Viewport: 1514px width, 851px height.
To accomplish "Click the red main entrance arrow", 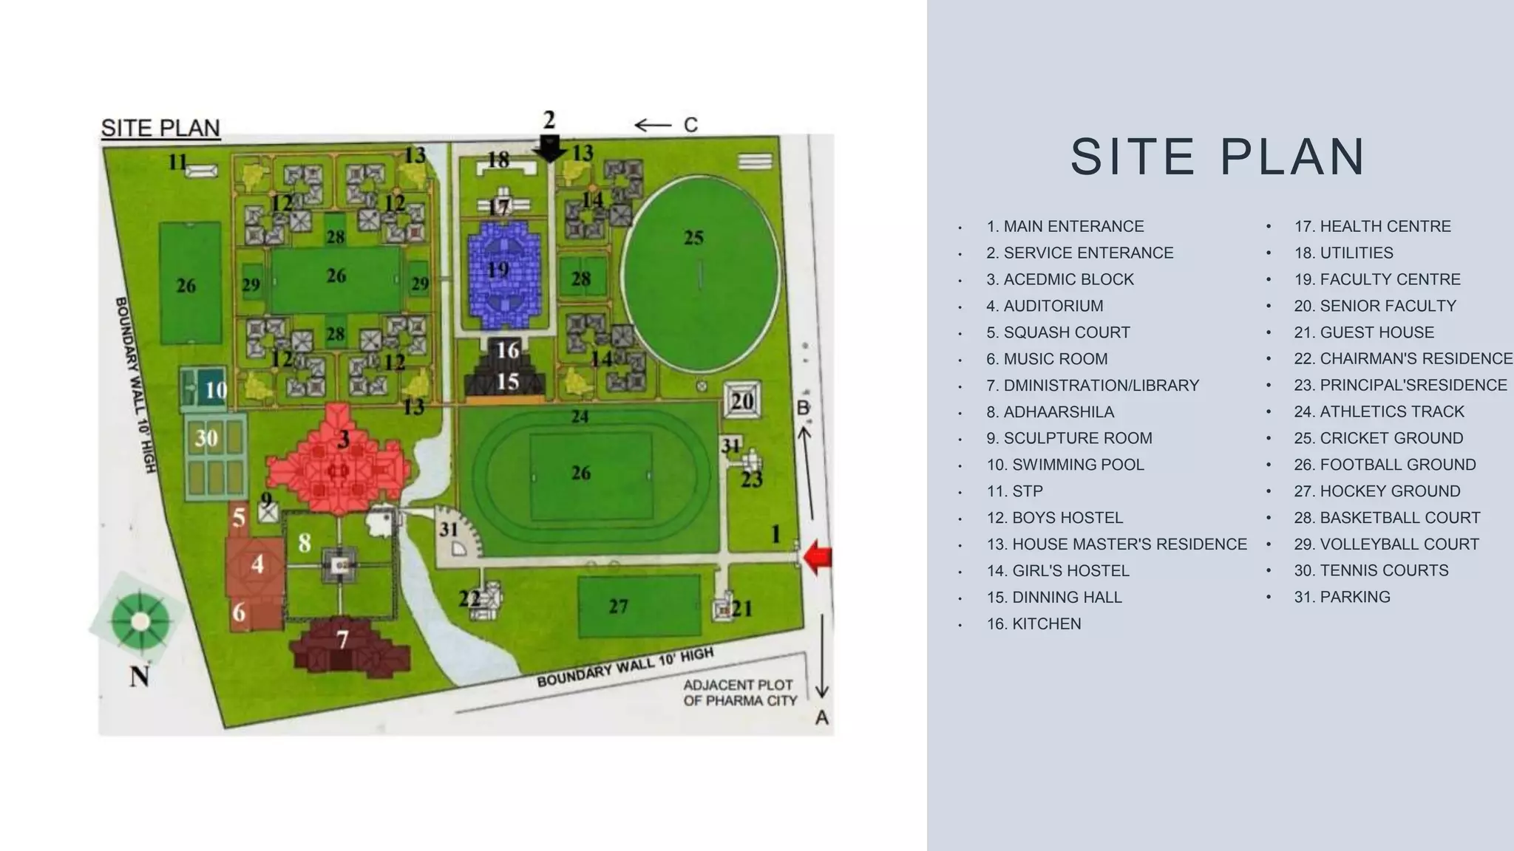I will (x=817, y=558).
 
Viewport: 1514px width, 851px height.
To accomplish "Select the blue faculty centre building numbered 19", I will (x=504, y=274).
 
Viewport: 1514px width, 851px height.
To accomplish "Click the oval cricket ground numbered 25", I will (x=699, y=274).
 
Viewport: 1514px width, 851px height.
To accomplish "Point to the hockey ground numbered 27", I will (x=639, y=606).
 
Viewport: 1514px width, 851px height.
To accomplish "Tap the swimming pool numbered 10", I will (x=204, y=389).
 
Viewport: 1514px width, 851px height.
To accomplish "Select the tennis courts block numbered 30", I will (x=215, y=457).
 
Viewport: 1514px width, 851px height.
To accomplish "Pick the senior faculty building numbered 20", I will (x=741, y=401).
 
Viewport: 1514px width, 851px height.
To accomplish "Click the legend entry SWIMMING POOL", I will (x=1065, y=465).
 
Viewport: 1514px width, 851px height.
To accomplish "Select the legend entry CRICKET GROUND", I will (x=1378, y=438).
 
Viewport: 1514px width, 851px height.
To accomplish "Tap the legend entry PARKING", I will (x=1342, y=597).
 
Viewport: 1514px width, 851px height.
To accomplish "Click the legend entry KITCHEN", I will (x=1033, y=623).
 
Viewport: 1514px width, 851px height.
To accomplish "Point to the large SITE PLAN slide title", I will (x=1218, y=157).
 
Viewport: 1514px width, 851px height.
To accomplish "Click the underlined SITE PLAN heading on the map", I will (x=160, y=128).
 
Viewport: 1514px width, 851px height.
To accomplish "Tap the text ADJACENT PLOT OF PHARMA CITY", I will (x=739, y=693).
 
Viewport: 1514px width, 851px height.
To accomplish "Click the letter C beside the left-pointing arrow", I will (x=690, y=125).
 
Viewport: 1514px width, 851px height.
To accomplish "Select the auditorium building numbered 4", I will (x=256, y=565).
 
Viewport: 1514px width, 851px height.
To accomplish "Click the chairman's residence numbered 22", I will (x=487, y=598).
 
